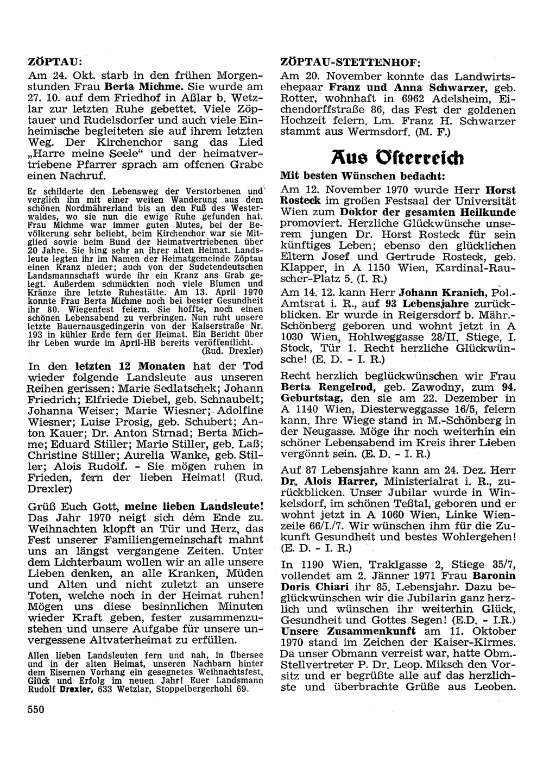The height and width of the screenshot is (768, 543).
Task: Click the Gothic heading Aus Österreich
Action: click(397, 158)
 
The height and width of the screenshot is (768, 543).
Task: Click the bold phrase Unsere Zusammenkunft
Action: click(348, 631)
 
